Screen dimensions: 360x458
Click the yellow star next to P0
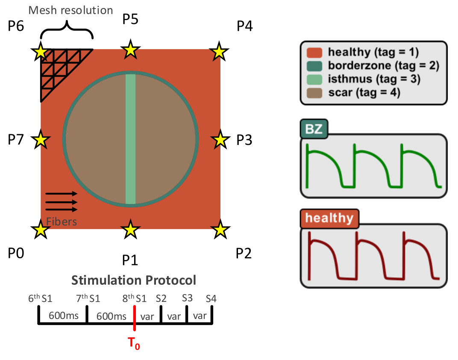(41, 230)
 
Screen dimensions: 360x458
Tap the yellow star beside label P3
(220, 140)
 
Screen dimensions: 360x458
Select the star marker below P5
(131, 50)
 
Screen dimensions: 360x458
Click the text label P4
(244, 27)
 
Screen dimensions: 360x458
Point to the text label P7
(16, 139)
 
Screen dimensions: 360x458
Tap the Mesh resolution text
(71, 9)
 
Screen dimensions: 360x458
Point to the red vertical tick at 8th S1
(135, 318)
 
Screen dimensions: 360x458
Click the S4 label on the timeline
(211, 298)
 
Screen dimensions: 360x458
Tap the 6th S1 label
(40, 298)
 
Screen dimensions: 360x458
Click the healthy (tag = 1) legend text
(373, 52)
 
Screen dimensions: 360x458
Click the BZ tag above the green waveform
(314, 130)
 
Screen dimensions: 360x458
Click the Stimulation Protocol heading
(134, 280)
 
